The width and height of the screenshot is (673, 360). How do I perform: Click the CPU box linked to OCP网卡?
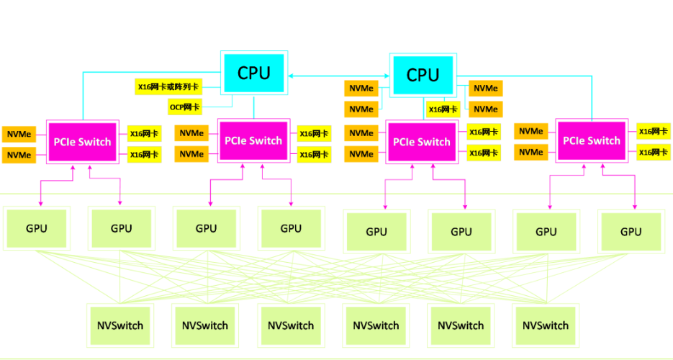pyautogui.click(x=254, y=73)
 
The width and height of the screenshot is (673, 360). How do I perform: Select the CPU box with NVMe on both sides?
pyautogui.click(x=423, y=75)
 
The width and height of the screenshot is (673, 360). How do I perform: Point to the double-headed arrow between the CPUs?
pyautogui.click(x=338, y=74)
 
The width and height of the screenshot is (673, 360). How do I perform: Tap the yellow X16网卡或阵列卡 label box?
pyautogui.click(x=169, y=87)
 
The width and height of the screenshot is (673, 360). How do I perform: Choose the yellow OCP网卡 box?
pyautogui.click(x=185, y=107)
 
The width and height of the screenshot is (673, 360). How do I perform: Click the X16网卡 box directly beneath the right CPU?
pyautogui.click(x=443, y=109)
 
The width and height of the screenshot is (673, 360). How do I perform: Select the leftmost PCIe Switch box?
pyautogui.click(x=82, y=142)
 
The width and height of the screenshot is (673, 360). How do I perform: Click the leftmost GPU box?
pyautogui.click(x=37, y=229)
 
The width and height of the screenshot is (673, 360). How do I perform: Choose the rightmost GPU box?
pyautogui.click(x=631, y=231)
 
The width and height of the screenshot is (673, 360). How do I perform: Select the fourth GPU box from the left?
pyautogui.click(x=291, y=229)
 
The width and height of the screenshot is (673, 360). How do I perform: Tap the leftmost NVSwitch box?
pyautogui.click(x=120, y=325)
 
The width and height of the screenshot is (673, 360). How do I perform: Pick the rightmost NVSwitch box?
pyautogui.click(x=546, y=325)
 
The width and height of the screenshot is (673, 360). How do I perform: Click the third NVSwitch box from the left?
pyautogui.click(x=291, y=325)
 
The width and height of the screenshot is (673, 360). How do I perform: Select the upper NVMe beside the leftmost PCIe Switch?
pyautogui.click(x=19, y=134)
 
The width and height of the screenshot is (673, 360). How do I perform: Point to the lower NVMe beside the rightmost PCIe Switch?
pyautogui.click(x=531, y=152)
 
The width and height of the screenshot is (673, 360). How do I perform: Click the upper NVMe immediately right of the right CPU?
pyautogui.click(x=486, y=88)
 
